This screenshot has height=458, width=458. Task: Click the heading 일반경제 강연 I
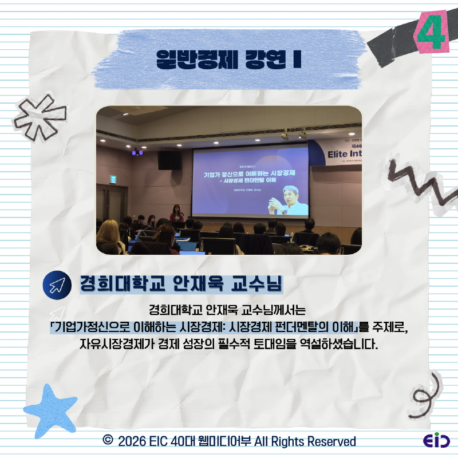229,60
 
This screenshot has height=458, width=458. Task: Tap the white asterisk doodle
40,117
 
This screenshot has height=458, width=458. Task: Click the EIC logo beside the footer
436,441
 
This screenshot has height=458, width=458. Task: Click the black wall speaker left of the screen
169,160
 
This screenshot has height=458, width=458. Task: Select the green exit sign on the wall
113,179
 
